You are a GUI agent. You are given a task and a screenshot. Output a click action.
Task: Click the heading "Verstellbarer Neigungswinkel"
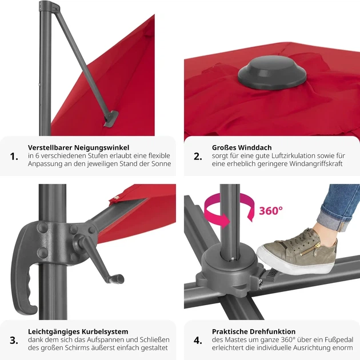(78, 147)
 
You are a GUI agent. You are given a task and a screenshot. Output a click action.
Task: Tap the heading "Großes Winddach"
(242, 147)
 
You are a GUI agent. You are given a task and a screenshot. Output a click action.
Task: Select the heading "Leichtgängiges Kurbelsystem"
(78, 331)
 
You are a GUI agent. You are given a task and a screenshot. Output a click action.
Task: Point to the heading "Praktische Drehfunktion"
(254, 331)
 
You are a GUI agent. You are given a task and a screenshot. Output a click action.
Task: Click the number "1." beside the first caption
(14, 157)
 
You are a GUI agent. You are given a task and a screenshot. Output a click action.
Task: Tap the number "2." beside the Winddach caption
(198, 157)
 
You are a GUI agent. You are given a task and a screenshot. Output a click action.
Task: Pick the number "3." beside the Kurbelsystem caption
(14, 341)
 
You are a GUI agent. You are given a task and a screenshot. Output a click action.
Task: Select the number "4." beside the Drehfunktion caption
(198, 341)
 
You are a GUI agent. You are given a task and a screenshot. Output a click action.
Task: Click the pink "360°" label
(271, 211)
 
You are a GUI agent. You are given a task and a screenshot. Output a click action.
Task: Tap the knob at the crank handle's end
(119, 279)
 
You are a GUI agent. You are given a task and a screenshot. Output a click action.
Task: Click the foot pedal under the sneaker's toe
(272, 273)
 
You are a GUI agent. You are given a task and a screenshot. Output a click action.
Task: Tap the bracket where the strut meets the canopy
(111, 119)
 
